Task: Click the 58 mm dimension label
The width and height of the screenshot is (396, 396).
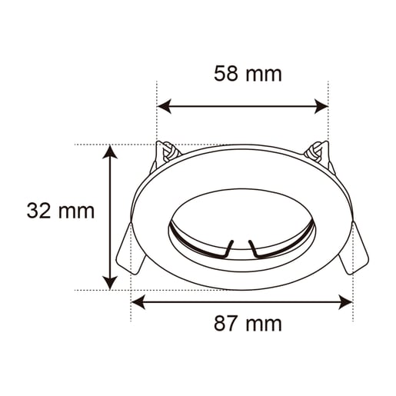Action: [x=248, y=74]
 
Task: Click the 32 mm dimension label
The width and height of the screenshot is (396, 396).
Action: [x=61, y=211]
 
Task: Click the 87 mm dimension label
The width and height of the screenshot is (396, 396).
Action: [x=248, y=323]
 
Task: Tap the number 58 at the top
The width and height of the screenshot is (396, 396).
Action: [x=225, y=74]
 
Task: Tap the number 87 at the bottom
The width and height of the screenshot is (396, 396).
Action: [x=225, y=323]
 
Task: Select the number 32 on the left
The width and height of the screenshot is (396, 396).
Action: [x=39, y=211]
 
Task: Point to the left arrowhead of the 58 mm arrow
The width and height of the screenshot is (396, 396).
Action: [x=164, y=106]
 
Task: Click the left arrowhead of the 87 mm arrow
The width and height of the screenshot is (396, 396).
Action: [x=138, y=302]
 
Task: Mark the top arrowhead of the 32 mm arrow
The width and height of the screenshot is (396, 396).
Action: [x=111, y=151]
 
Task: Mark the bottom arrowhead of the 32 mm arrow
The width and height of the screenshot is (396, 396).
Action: [x=111, y=282]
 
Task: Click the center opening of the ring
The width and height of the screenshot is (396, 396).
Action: [x=241, y=219]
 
